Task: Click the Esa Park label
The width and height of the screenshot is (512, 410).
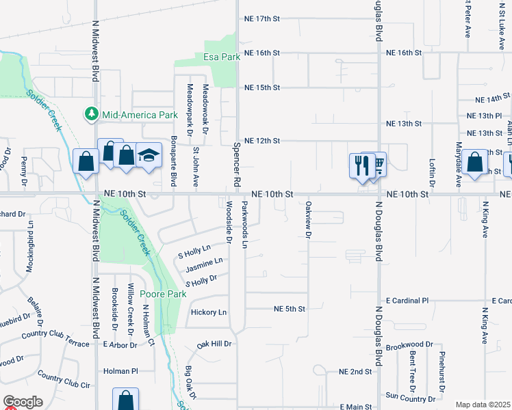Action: pos(222,57)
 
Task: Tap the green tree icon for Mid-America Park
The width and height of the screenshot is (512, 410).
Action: pos(90,114)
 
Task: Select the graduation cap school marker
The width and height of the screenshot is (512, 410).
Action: pos(149,156)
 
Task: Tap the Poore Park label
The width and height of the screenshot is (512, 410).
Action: pos(163,294)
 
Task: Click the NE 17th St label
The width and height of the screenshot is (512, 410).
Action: pos(263,18)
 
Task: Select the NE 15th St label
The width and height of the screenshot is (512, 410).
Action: pos(263,87)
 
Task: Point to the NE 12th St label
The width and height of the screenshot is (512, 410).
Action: pos(263,141)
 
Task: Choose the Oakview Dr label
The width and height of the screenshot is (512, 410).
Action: pos(309,219)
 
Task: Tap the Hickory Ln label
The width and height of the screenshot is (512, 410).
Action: pos(209,312)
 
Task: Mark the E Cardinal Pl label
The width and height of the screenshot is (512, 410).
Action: pos(407,301)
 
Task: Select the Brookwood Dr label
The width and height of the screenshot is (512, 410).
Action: pos(409,346)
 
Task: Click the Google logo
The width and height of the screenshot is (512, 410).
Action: pos(23,402)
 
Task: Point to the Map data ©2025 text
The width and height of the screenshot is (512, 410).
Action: pos(483,405)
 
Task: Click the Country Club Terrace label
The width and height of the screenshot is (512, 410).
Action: pos(55,340)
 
